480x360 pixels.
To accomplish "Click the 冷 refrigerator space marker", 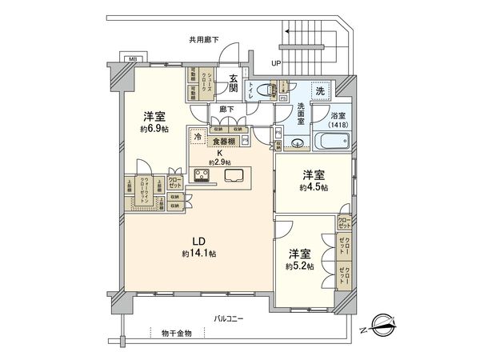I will tap(197, 137).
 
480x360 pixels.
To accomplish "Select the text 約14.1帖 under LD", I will tap(198, 254).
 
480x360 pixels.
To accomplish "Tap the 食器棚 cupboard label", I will tap(224, 142).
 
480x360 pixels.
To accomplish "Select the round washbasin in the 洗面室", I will tap(297, 144).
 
